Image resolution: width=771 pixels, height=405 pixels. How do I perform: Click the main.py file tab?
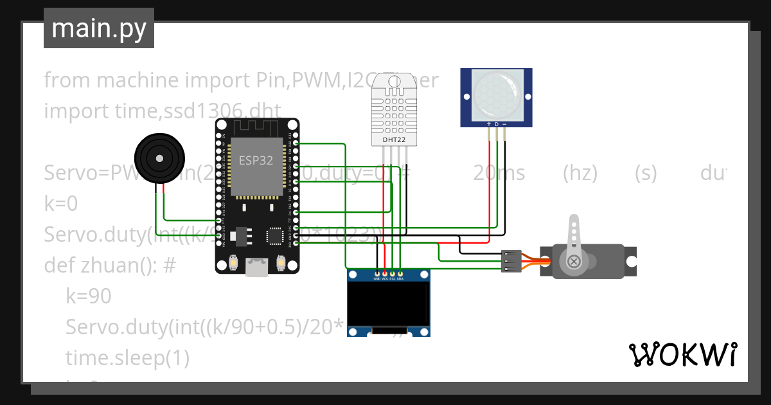pos(98,28)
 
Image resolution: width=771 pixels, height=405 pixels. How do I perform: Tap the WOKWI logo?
pos(682,354)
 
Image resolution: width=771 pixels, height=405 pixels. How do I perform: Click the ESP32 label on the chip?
pos(256,161)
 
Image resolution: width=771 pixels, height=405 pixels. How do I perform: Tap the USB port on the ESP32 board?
pos(257,267)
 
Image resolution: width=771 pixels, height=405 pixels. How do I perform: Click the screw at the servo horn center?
pos(574,261)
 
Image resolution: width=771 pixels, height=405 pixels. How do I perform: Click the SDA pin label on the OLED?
pos(400,279)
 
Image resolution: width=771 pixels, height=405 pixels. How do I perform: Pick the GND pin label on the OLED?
pos(377,279)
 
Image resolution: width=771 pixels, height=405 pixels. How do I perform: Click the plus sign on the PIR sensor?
pos(489,123)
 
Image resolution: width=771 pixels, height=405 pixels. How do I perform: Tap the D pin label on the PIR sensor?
pos(496,123)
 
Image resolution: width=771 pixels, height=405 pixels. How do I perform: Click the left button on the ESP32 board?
pos(234,263)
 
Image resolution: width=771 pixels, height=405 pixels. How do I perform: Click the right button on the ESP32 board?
pos(280,263)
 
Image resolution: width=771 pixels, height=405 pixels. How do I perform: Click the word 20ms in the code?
pos(499,173)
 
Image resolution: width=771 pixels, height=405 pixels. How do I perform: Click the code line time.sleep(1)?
pos(127,358)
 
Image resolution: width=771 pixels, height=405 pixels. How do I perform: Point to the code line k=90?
pos(89,296)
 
